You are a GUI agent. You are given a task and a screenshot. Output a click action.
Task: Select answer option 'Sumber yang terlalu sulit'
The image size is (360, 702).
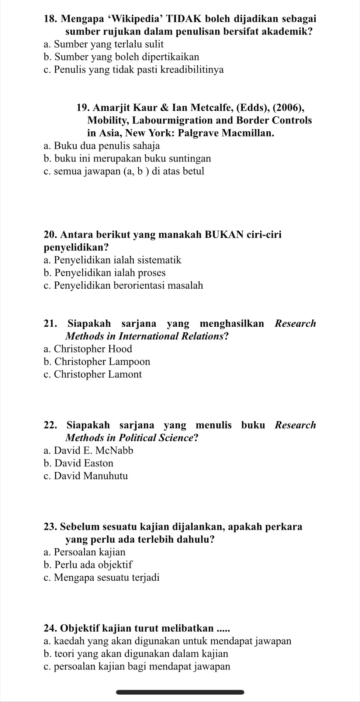coord(103,45)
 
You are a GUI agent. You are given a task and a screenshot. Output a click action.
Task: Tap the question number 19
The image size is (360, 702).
coord(83,108)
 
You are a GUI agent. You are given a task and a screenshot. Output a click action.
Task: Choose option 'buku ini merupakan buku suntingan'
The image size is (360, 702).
coord(127,159)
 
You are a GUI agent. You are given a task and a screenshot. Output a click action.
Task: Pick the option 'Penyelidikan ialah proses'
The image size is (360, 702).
coord(104,273)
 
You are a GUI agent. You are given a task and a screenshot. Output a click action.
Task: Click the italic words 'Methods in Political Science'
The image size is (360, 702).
coord(132,438)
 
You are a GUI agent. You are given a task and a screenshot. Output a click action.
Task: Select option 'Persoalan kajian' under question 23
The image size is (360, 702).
coord(84,552)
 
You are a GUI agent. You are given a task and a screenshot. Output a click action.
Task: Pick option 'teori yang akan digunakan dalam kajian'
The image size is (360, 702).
coord(136,654)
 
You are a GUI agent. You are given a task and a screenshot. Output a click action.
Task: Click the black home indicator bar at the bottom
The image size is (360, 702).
coord(180,692)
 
